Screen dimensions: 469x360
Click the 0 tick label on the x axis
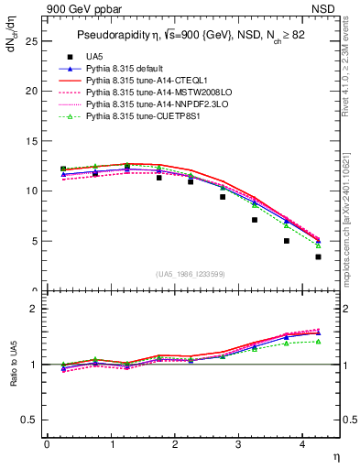click(47, 445)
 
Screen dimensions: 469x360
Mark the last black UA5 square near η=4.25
click(318, 257)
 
